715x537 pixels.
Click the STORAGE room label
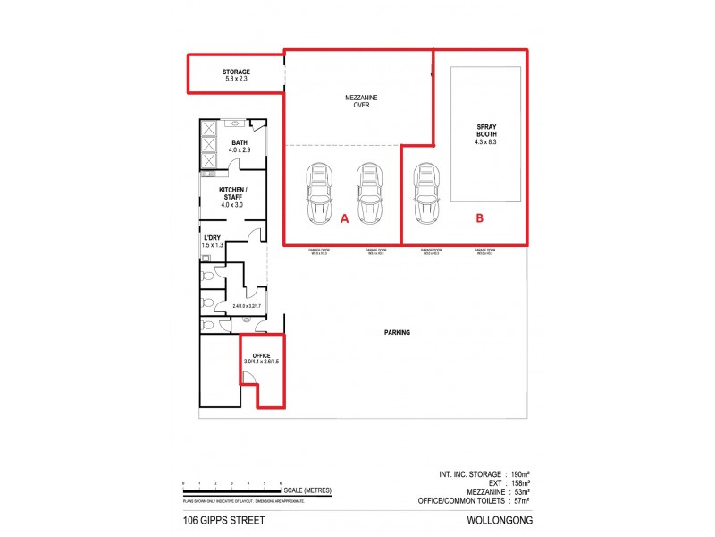[x=236, y=72]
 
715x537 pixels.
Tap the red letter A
[x=344, y=217]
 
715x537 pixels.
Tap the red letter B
[x=479, y=217]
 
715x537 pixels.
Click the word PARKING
[x=397, y=332]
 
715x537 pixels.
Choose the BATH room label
[x=240, y=143]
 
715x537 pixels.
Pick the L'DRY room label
[x=213, y=237]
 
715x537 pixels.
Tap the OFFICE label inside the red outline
[x=261, y=355]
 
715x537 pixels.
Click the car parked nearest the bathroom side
[x=319, y=194]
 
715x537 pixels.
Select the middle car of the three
[x=369, y=194]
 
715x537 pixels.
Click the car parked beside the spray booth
[x=425, y=194]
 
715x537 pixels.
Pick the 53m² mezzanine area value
[x=522, y=491]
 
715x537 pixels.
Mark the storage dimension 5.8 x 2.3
[x=236, y=80]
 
